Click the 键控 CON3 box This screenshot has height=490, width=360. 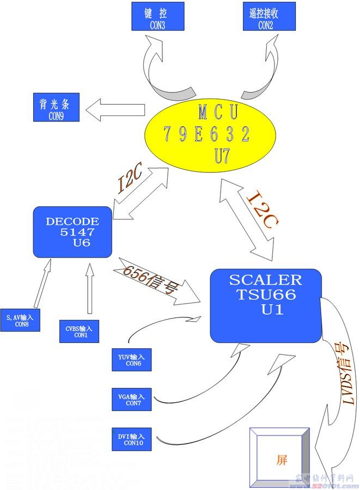click(x=157, y=16)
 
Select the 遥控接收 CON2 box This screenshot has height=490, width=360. click(x=269, y=16)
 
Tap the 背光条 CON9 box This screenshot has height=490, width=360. click(x=56, y=107)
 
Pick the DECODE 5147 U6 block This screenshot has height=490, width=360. click(x=72, y=231)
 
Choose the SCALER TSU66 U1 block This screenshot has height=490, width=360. click(x=265, y=305)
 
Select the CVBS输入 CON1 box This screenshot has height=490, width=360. click(x=80, y=332)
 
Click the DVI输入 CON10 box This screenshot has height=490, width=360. click(x=132, y=439)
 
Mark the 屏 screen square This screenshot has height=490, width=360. click(x=280, y=460)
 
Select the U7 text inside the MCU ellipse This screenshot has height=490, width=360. click(x=222, y=157)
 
